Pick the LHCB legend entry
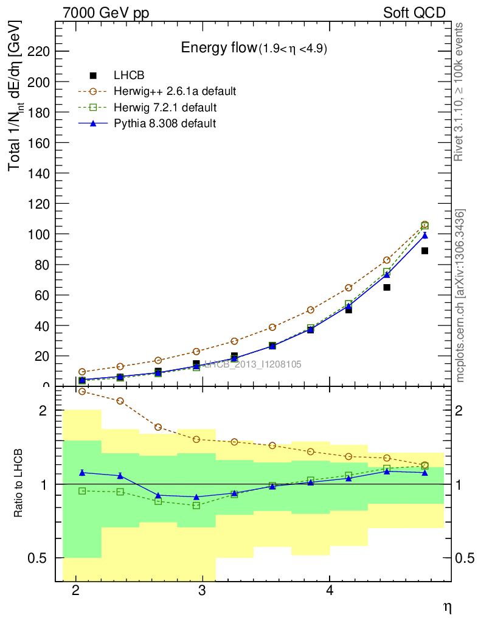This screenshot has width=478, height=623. click(x=129, y=75)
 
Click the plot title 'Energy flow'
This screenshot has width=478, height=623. click(x=219, y=48)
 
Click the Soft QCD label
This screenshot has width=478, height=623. click(x=414, y=13)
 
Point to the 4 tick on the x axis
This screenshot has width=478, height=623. click(x=329, y=591)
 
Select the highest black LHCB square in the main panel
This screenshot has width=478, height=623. click(x=424, y=251)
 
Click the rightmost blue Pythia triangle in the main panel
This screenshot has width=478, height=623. click(x=424, y=235)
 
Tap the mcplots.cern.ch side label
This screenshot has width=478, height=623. click(x=460, y=296)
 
